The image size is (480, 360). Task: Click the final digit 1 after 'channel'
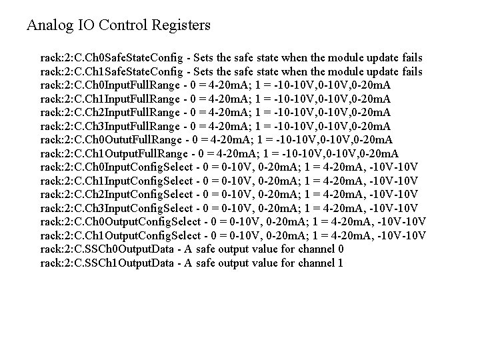pyautogui.click(x=341, y=262)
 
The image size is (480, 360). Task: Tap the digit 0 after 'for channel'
pyautogui.click(x=341, y=249)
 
